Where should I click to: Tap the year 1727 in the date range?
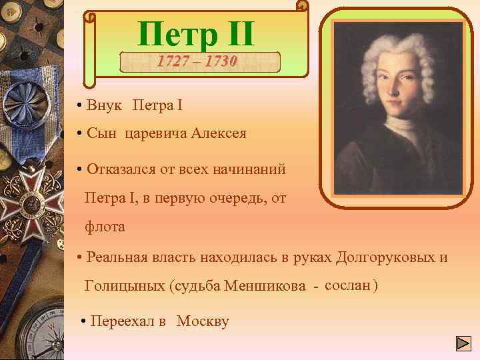[x=172, y=61]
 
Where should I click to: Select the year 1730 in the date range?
[x=221, y=61]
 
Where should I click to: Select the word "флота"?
[x=105, y=227]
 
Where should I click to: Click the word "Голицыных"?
[x=124, y=287]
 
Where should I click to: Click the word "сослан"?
[x=347, y=285]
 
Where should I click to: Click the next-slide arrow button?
[x=463, y=344]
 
